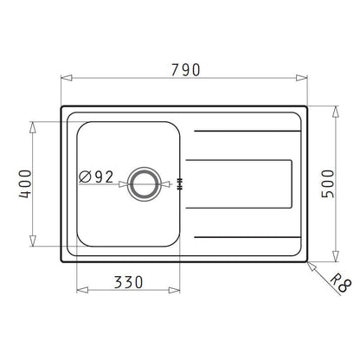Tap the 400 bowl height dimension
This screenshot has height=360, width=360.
[x=26, y=183]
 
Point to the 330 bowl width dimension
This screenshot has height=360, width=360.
[x=127, y=283]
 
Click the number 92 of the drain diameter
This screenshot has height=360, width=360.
[x=105, y=177]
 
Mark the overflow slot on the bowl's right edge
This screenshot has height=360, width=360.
[x=179, y=182]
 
